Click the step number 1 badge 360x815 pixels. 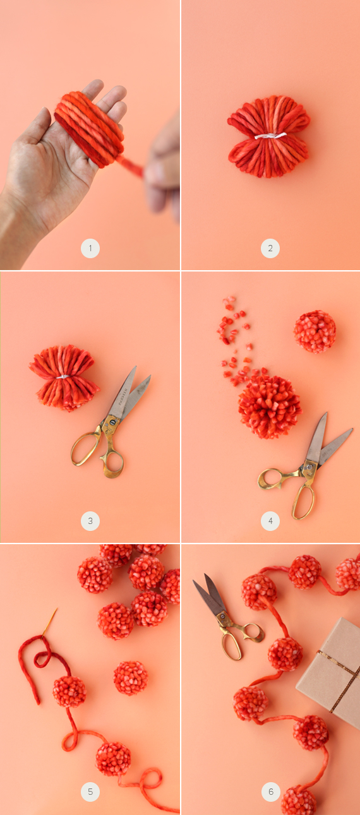(90, 249)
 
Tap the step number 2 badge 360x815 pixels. (270, 249)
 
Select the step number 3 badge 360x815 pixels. (90, 521)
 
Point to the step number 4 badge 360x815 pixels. (270, 521)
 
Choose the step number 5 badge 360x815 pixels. (90, 792)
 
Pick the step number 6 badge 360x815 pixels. (271, 792)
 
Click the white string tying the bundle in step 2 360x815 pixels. (270, 136)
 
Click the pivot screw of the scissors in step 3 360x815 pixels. (112, 422)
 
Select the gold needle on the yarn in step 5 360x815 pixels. (49, 622)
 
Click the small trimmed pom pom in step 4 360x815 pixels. (315, 331)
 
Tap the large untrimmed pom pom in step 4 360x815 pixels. (270, 406)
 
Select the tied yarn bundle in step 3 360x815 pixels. (64, 378)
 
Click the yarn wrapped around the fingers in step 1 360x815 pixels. (89, 128)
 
